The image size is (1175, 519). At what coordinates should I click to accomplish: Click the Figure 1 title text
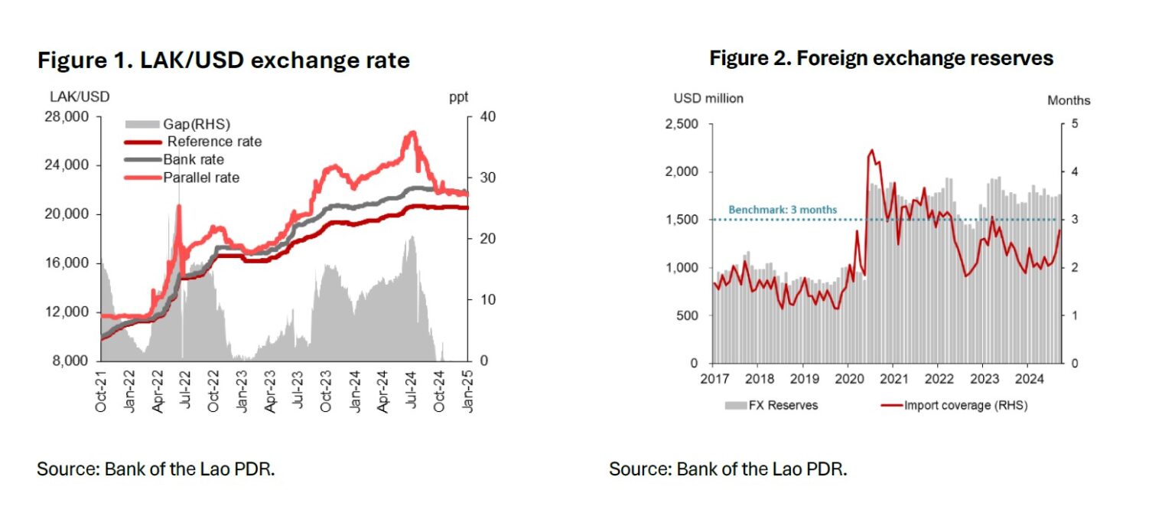click(223, 60)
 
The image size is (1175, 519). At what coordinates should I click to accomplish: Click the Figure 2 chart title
click(881, 58)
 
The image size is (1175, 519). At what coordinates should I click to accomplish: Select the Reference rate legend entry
click(214, 142)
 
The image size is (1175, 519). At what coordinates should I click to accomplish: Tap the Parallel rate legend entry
click(201, 178)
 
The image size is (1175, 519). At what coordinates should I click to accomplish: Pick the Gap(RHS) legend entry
click(197, 124)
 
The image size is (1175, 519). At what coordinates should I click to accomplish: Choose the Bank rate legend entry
click(194, 160)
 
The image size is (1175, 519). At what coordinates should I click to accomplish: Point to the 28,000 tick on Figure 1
click(70, 116)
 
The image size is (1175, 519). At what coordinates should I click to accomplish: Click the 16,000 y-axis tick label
click(70, 263)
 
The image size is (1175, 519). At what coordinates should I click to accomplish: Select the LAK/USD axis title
click(80, 97)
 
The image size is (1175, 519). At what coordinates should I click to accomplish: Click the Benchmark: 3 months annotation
click(783, 210)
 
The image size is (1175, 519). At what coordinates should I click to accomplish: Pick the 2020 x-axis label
click(849, 378)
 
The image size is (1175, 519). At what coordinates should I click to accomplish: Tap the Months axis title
click(1069, 100)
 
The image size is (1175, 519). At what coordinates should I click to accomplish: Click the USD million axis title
click(708, 99)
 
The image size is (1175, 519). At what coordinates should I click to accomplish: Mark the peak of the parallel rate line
click(412, 132)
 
